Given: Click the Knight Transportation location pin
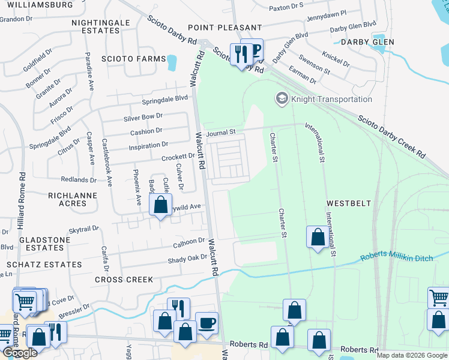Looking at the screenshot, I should pyautogui.click(x=280, y=98).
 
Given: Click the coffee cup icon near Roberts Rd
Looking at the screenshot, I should pyautogui.click(x=207, y=323).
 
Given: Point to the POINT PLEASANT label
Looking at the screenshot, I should pyautogui.click(x=224, y=28).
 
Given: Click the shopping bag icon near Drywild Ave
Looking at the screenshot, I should pyautogui.click(x=160, y=205).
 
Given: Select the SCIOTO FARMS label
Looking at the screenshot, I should pyautogui.click(x=133, y=59).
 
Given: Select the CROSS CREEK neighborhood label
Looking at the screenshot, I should pyautogui.click(x=124, y=280).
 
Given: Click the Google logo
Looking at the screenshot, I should pyautogui.click(x=20, y=353).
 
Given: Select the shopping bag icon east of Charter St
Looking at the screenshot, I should pyautogui.click(x=318, y=238).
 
